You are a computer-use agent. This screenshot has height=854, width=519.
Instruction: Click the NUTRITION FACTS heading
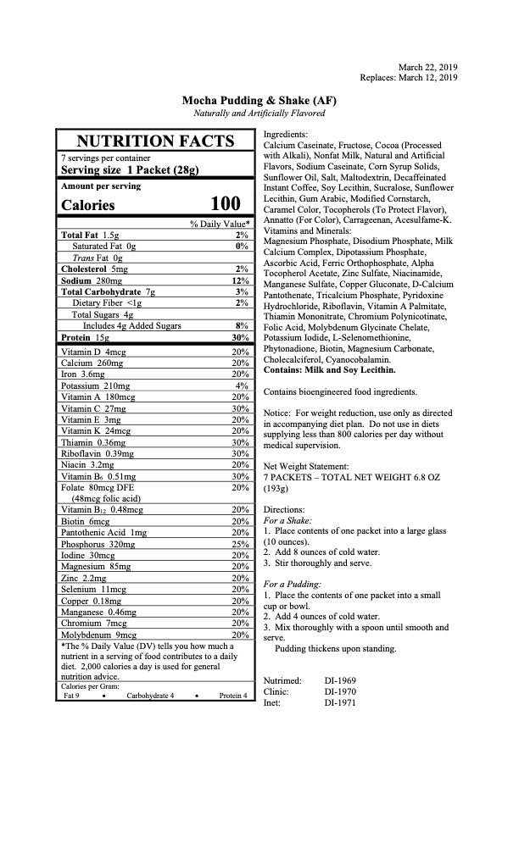click(155, 141)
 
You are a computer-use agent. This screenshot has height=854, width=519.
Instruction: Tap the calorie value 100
click(226, 204)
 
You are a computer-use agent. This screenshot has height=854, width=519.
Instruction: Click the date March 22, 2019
click(427, 66)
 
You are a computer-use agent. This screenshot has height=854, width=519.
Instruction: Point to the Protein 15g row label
click(86, 337)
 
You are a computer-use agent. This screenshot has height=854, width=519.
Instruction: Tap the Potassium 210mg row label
click(92, 385)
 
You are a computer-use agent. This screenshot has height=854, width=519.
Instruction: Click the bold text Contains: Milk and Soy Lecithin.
click(329, 370)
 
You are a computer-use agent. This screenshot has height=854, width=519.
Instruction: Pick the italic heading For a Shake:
click(288, 519)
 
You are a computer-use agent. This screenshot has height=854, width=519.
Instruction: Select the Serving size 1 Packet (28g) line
click(130, 169)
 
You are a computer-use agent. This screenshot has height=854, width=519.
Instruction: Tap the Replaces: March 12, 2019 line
click(409, 77)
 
